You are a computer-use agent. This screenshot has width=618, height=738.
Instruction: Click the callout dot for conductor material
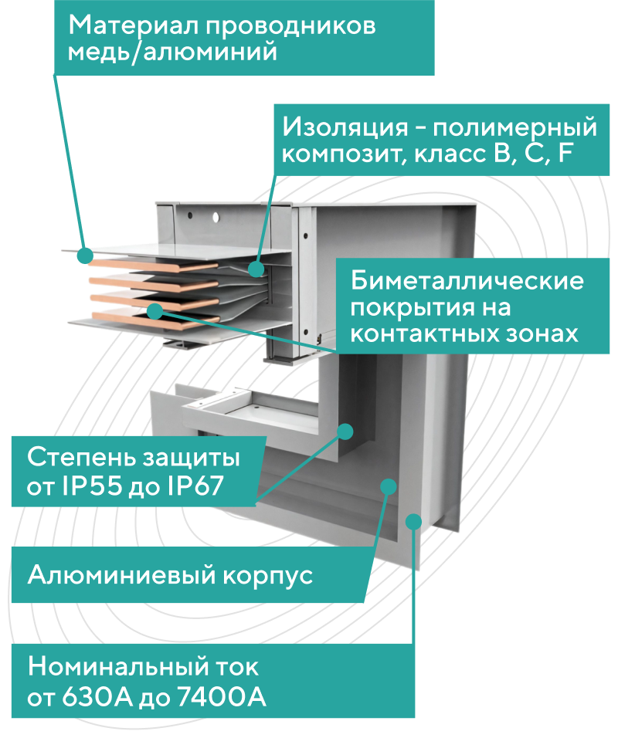coord(84,255)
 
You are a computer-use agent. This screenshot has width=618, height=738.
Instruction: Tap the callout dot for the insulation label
coord(256,268)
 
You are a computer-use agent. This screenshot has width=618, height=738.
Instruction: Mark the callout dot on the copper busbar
coord(154,310)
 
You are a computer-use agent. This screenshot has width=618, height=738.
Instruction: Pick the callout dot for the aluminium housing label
coord(389,486)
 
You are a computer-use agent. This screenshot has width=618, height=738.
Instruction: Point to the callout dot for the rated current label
coord(414,523)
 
